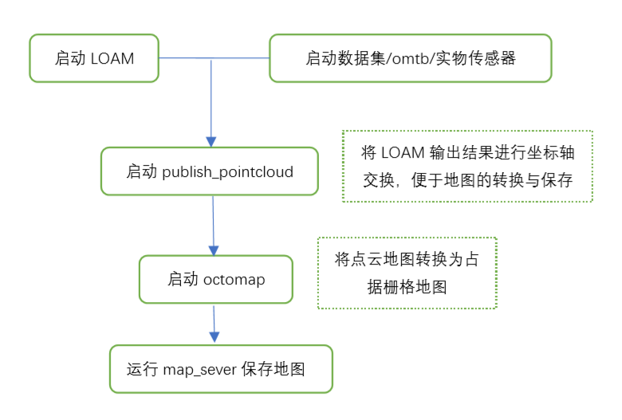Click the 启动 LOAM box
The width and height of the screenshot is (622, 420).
pyautogui.click(x=94, y=58)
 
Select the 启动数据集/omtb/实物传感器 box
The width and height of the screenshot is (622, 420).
pyautogui.click(x=410, y=58)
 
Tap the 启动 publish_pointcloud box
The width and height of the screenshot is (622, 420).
pyautogui.click(x=209, y=171)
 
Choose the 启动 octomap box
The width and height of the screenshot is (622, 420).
pyautogui.click(x=215, y=280)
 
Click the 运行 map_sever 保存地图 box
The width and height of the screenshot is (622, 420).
pyautogui.click(x=221, y=369)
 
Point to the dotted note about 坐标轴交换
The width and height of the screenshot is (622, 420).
pyautogui.click(x=467, y=166)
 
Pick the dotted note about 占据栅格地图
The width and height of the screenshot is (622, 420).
pyautogui.click(x=407, y=273)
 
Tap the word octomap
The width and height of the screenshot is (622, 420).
pyautogui.click(x=234, y=280)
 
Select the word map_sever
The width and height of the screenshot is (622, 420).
pyautogui.click(x=199, y=370)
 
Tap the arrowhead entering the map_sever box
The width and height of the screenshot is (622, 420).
pyautogui.click(x=214, y=339)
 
